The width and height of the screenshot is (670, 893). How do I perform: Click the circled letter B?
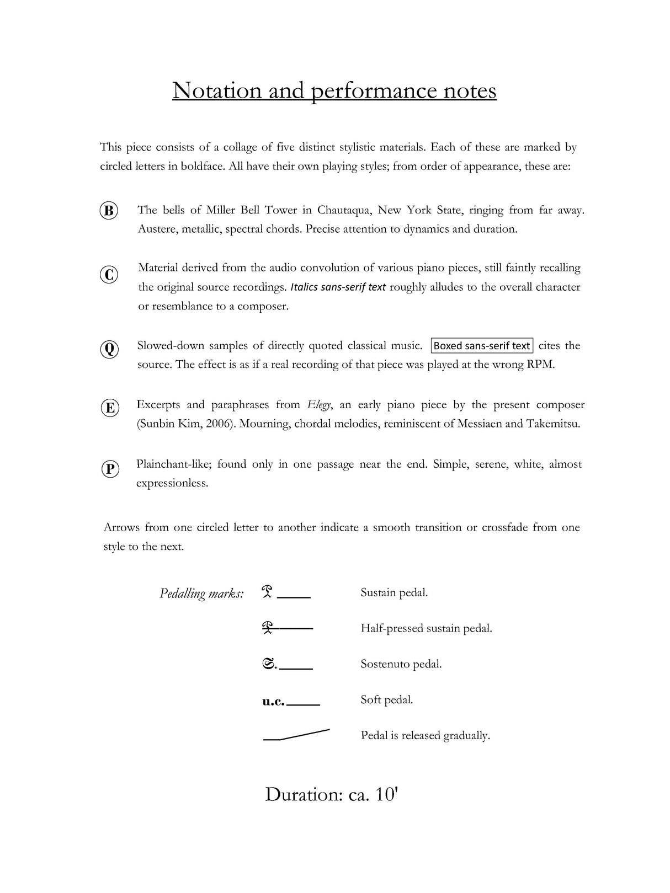click(x=109, y=211)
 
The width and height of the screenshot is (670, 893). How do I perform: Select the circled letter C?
click(x=109, y=274)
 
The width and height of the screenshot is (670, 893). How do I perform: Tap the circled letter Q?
click(x=109, y=349)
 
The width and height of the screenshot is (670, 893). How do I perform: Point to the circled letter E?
click(x=110, y=408)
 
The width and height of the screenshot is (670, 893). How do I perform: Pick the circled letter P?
click(x=110, y=469)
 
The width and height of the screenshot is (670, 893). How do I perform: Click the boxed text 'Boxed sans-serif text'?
click(x=481, y=346)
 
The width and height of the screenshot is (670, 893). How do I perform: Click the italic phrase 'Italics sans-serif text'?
click(x=338, y=287)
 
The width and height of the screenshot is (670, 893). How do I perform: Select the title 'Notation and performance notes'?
click(x=334, y=90)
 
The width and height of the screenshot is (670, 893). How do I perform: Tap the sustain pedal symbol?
click(x=268, y=592)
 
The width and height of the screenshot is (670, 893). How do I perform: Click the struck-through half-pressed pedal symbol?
click(x=269, y=628)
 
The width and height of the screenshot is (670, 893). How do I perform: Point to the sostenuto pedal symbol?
click(x=269, y=664)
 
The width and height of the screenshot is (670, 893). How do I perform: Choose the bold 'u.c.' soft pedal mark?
click(x=273, y=701)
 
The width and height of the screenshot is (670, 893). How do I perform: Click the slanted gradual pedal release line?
click(x=297, y=735)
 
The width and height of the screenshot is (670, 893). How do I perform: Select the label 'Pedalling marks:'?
click(x=201, y=593)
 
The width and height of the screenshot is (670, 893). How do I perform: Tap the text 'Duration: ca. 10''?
click(x=331, y=794)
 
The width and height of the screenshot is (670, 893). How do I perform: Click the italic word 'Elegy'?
click(x=319, y=405)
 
